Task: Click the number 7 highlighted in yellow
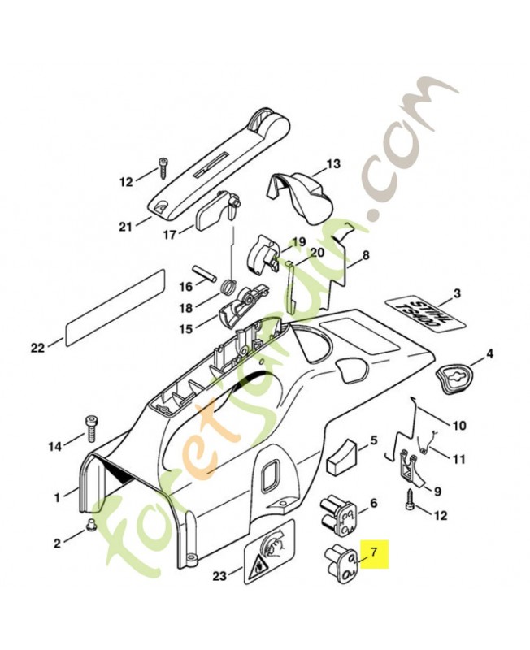point(375,553)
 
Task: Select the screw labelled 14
point(90,427)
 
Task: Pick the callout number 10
point(459,425)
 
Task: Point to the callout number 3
point(457,293)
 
